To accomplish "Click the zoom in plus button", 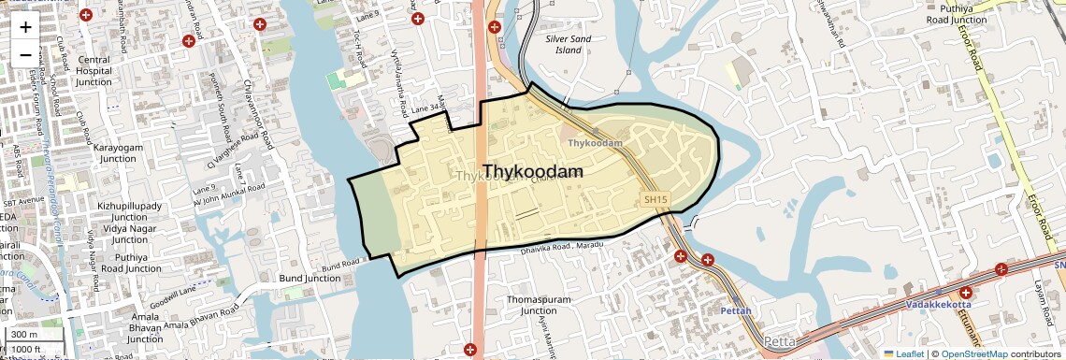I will [25, 26].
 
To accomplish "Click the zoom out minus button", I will [25, 53].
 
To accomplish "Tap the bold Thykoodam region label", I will [533, 172].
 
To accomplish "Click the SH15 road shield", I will [655, 199].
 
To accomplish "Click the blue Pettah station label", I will [735, 310].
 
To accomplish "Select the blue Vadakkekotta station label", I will [938, 304].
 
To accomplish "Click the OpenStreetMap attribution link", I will [974, 353].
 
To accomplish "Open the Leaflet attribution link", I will [905, 353].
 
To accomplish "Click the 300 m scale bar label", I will [25, 335].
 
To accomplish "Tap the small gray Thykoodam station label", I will [596, 143].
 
